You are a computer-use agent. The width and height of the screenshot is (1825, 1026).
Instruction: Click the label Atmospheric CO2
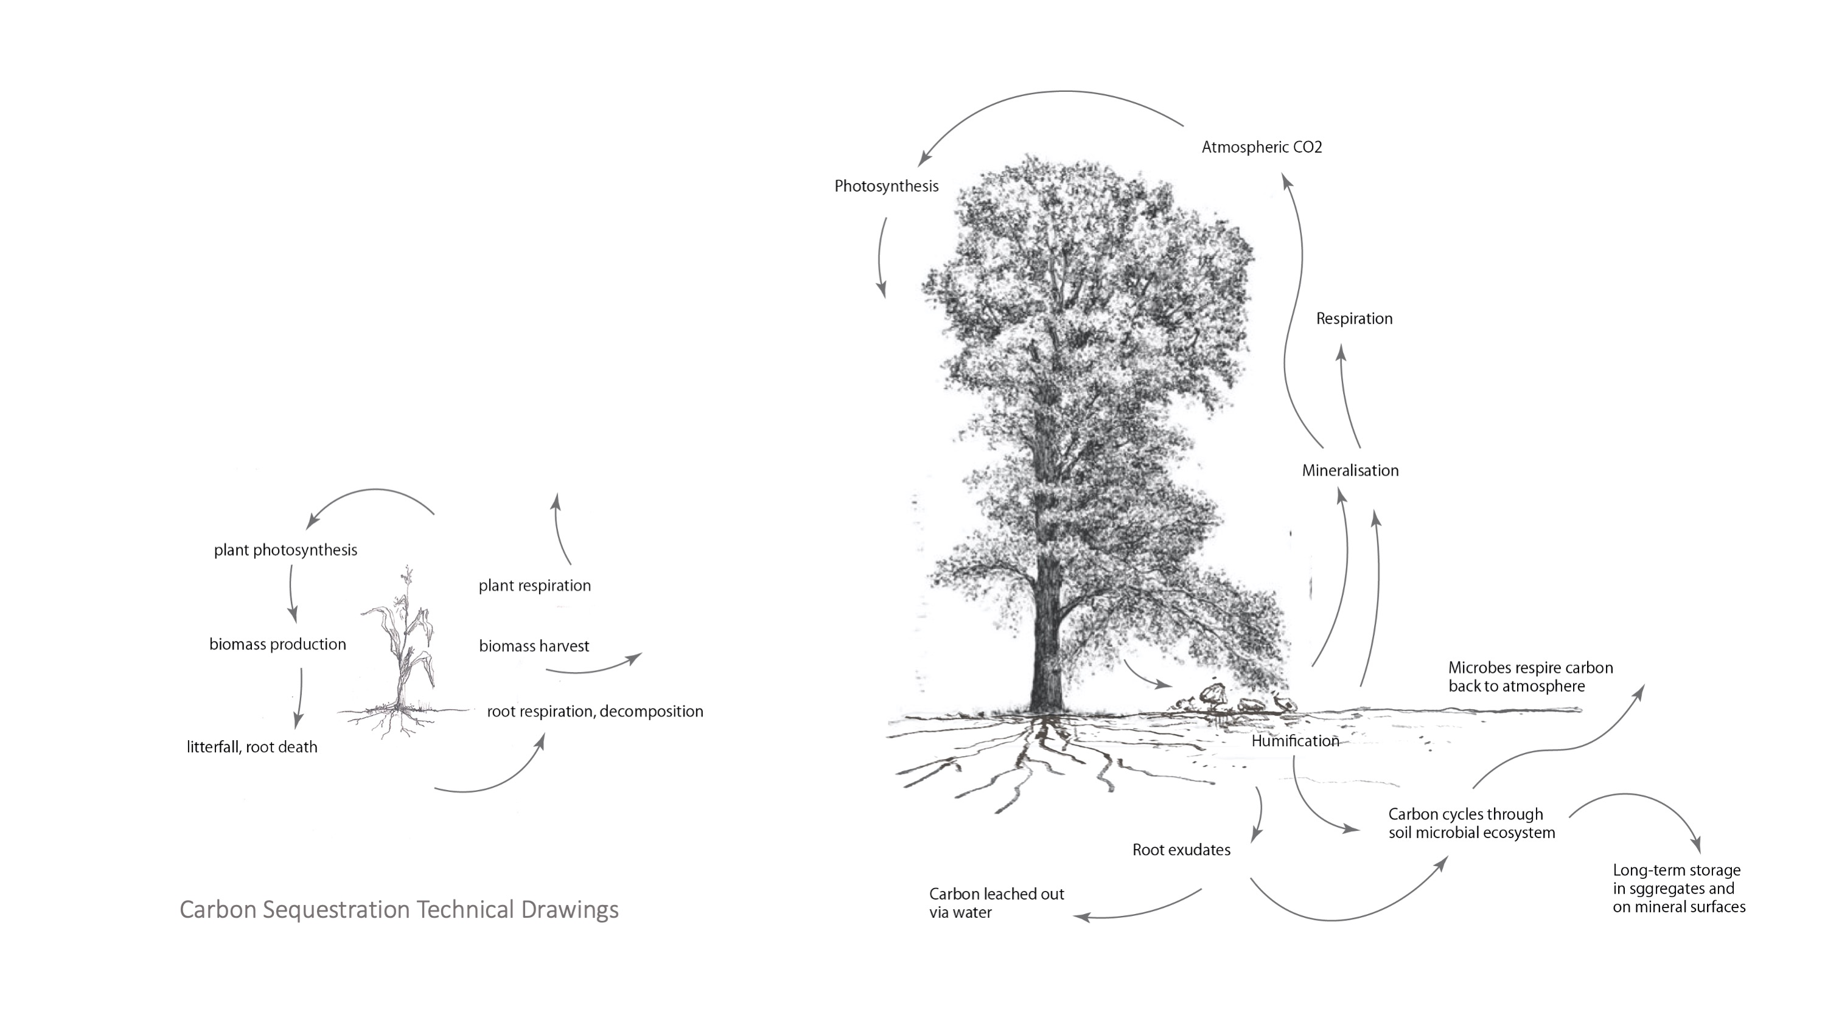(1261, 147)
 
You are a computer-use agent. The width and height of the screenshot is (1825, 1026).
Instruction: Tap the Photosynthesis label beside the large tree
(886, 186)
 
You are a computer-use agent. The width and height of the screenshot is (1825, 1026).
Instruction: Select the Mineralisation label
(1350, 470)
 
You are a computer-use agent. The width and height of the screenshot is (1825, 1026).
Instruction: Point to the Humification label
(1295, 741)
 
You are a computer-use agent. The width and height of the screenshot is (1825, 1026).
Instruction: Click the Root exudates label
(1181, 850)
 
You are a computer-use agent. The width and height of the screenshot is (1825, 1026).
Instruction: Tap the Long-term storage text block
(1679, 888)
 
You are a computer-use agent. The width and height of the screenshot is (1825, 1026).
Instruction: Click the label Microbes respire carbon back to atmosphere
(1530, 676)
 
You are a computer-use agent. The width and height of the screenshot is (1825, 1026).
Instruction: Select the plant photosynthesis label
(285, 550)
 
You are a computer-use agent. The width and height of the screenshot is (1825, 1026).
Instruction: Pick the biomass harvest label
(534, 646)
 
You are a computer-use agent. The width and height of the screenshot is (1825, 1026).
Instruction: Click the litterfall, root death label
(251, 747)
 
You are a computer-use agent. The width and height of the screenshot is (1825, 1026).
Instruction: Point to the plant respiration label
(534, 586)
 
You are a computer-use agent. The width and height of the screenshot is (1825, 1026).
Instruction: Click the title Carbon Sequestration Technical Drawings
(399, 909)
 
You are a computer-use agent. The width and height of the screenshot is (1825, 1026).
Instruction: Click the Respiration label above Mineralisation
(1354, 319)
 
